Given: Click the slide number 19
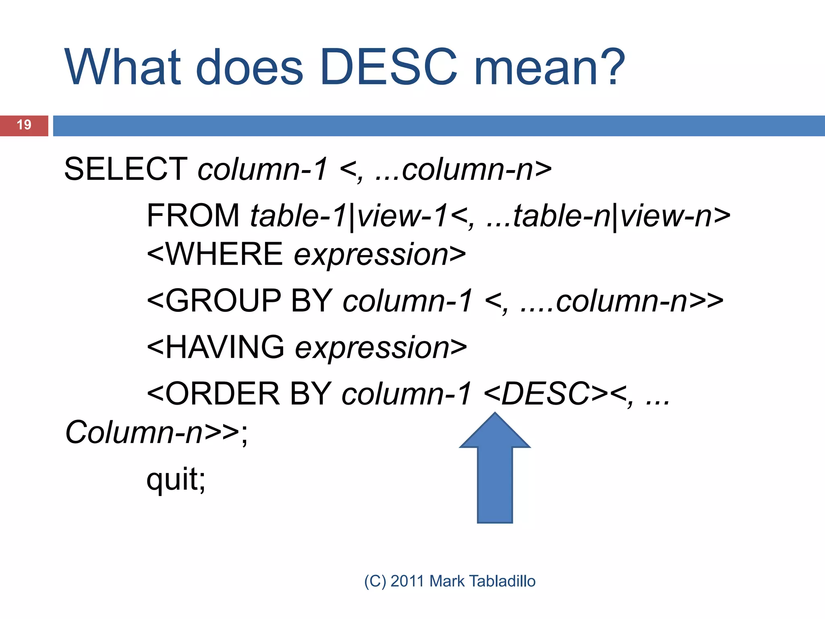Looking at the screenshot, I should click(x=24, y=125).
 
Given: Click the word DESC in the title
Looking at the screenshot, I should click(x=389, y=67).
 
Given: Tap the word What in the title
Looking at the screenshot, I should click(x=123, y=67).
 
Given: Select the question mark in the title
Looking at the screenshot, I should click(x=611, y=67).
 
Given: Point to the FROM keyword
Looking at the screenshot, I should click(x=193, y=216).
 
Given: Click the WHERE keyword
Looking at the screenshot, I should click(x=224, y=254).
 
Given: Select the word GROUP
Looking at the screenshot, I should click(x=223, y=301).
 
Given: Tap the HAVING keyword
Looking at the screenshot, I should click(x=225, y=347).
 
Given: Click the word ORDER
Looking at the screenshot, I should click(x=222, y=394).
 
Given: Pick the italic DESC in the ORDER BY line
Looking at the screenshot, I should click(x=545, y=394).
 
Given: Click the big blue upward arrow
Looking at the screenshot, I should click(x=495, y=472).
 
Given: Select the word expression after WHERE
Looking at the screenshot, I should click(x=371, y=254).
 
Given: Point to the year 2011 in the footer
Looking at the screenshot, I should click(x=407, y=581).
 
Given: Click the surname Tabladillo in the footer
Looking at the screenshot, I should click(x=502, y=581).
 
